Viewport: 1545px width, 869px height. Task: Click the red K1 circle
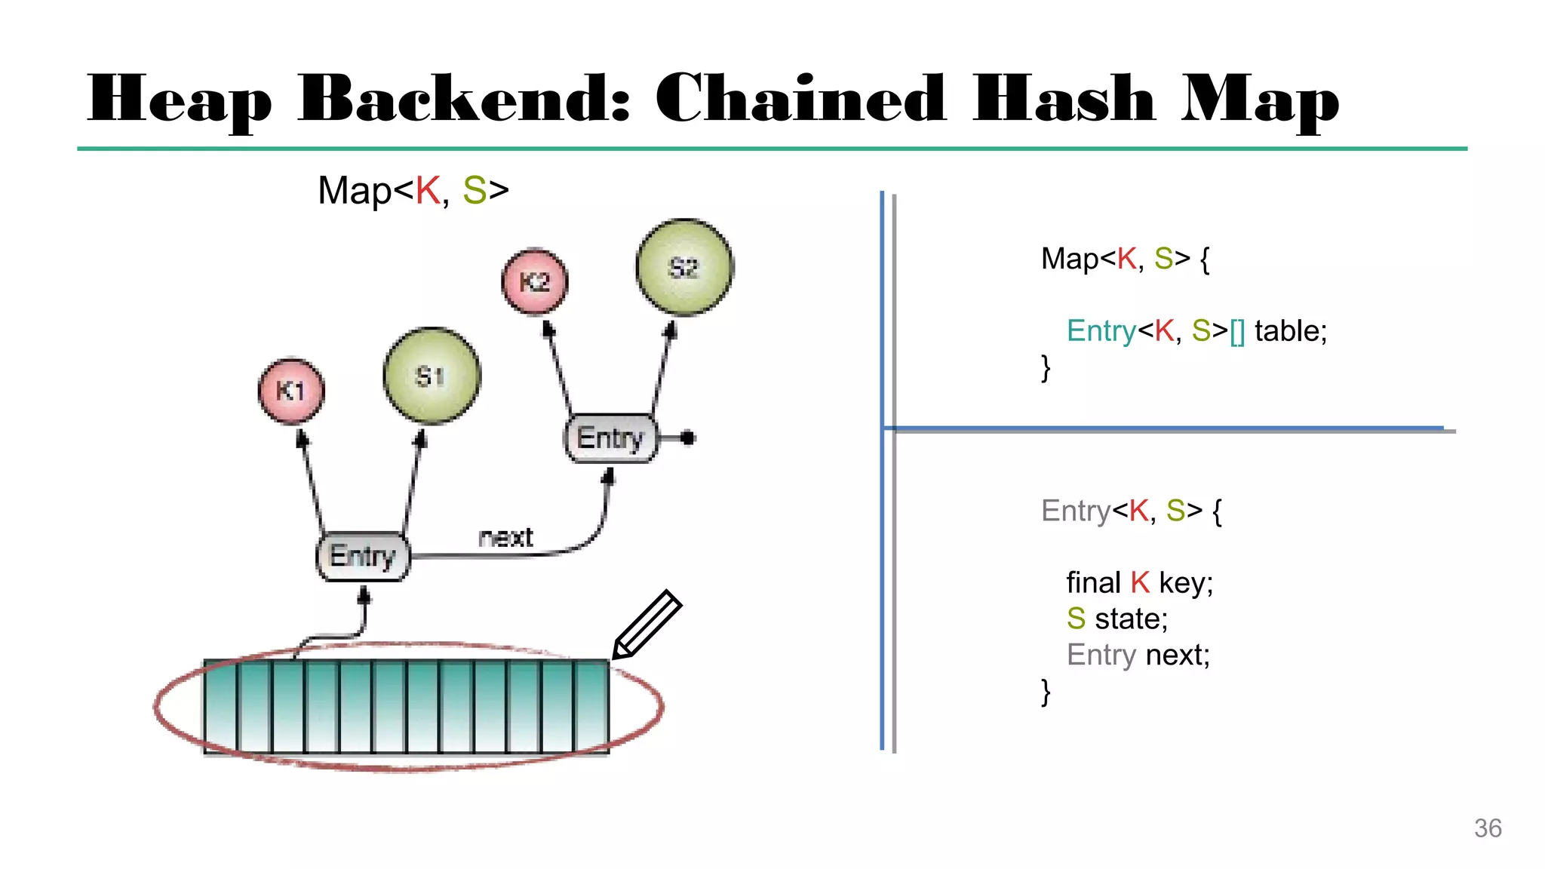[x=291, y=391]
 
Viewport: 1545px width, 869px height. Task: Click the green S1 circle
[x=432, y=376]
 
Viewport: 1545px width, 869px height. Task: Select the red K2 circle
[x=535, y=281]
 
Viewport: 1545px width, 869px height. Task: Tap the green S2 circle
[x=684, y=267]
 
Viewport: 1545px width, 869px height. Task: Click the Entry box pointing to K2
[x=610, y=438]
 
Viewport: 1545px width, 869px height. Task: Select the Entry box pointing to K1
[x=363, y=556]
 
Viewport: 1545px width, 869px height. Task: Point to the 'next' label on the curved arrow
[x=505, y=537]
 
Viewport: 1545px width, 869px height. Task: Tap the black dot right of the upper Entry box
[x=687, y=438]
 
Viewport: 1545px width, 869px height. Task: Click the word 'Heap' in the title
[x=180, y=100]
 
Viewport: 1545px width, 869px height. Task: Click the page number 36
[x=1488, y=828]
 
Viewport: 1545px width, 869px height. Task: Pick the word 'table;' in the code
[x=1290, y=331]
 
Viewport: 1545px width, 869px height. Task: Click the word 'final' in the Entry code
[x=1093, y=583]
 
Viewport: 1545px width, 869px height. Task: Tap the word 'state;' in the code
[x=1131, y=619]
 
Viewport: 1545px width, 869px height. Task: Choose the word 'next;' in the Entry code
[x=1178, y=655]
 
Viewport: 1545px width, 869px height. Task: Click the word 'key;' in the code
[x=1186, y=583]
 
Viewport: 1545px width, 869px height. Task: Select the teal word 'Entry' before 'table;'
[x=1101, y=331]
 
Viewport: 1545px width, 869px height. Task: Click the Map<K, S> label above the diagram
[x=413, y=190]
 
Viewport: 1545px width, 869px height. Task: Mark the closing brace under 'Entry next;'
[x=1046, y=691]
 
